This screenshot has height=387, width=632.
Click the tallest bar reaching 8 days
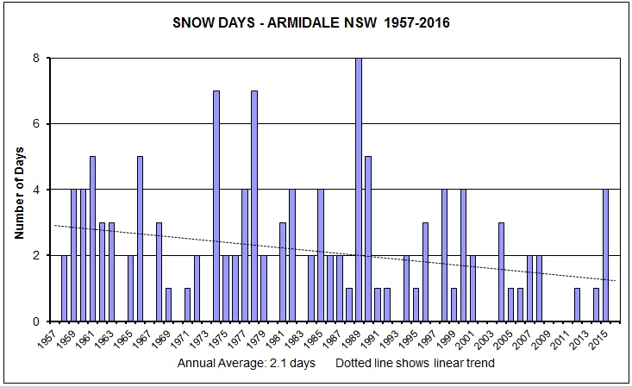[x=359, y=190]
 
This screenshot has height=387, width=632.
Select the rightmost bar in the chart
[x=605, y=255]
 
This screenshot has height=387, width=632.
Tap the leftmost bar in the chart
[x=65, y=288]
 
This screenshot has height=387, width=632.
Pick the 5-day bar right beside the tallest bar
[x=368, y=239]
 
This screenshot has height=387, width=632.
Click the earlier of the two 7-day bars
[x=216, y=206]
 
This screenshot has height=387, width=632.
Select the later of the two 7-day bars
[x=254, y=206]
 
